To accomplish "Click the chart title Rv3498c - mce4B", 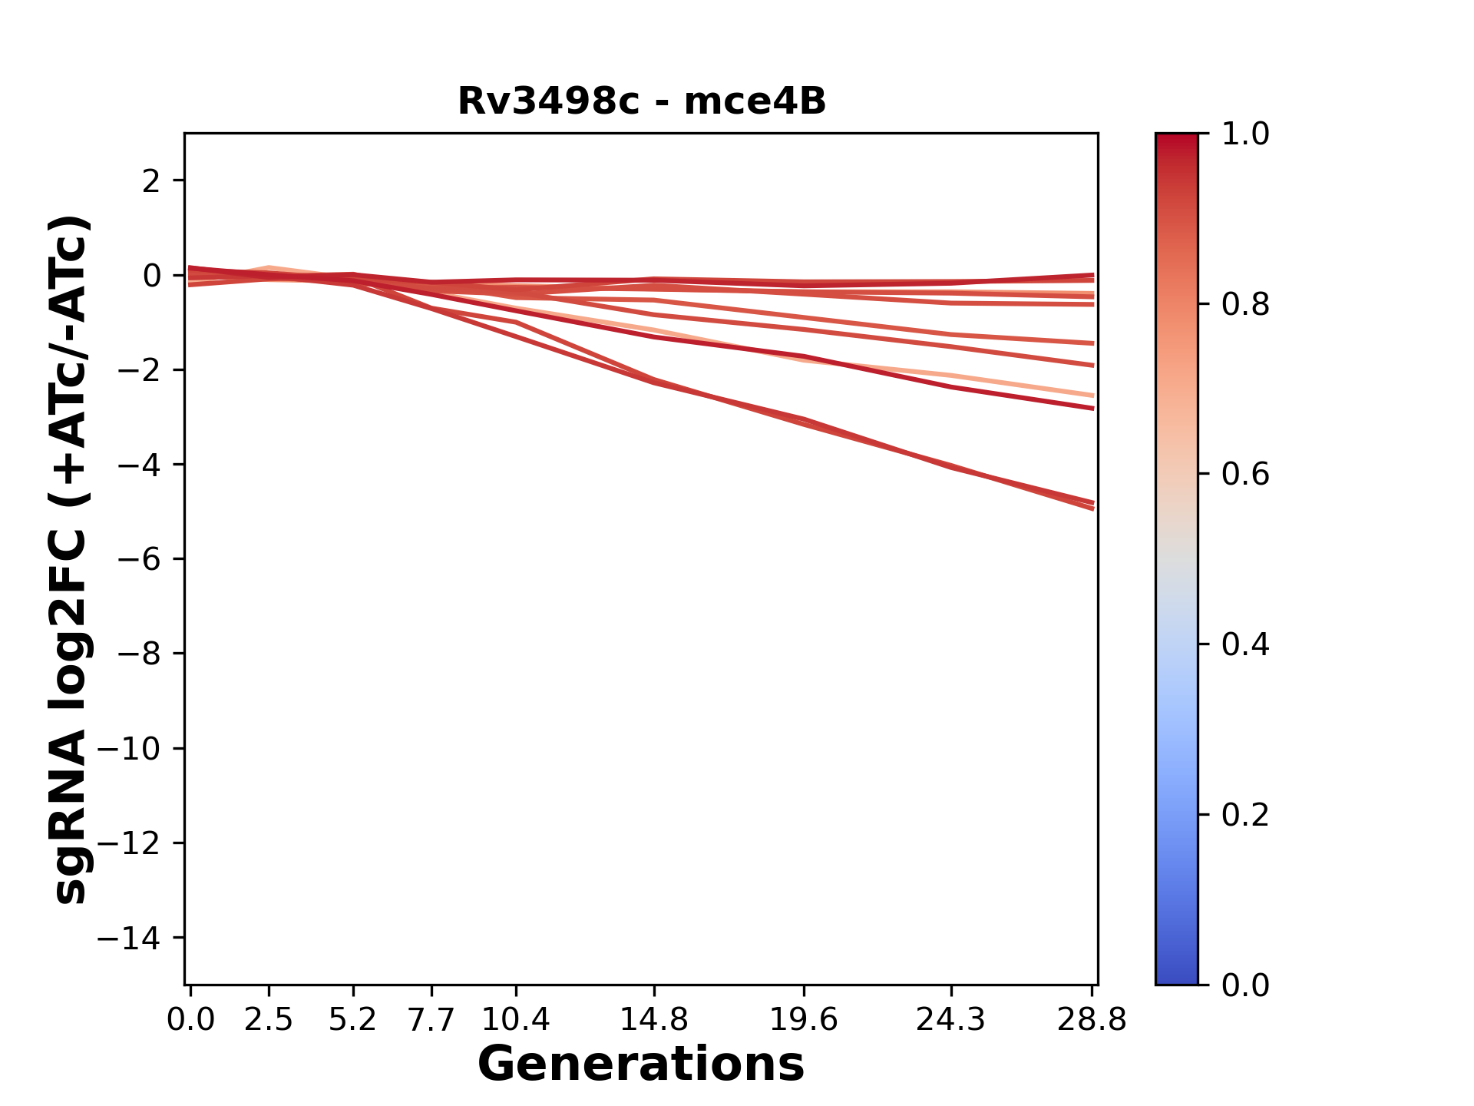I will [641, 101].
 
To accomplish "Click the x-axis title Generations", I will [641, 1064].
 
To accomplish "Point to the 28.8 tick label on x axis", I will [1092, 1019].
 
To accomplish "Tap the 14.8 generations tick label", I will [653, 1019].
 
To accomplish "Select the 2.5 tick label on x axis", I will [269, 1019].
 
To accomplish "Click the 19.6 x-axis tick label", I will [803, 1019].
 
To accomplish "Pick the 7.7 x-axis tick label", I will [431, 1019].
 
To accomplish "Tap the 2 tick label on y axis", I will [151, 180].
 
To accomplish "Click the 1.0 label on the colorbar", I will [1245, 134].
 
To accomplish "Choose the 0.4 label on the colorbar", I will [1245, 644].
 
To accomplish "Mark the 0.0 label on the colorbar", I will [1245, 985].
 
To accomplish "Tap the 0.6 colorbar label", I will [1245, 475].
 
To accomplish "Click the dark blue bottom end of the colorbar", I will [1176, 977].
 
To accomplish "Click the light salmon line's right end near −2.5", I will [1092, 396].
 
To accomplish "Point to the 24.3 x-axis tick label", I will [950, 1019].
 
